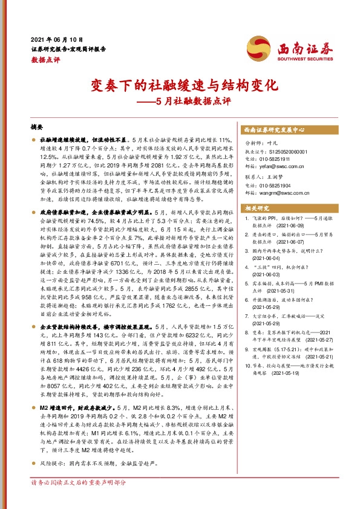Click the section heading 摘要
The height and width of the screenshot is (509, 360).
click(x=37, y=129)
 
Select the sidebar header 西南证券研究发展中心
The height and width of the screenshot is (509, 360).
click(x=274, y=130)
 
